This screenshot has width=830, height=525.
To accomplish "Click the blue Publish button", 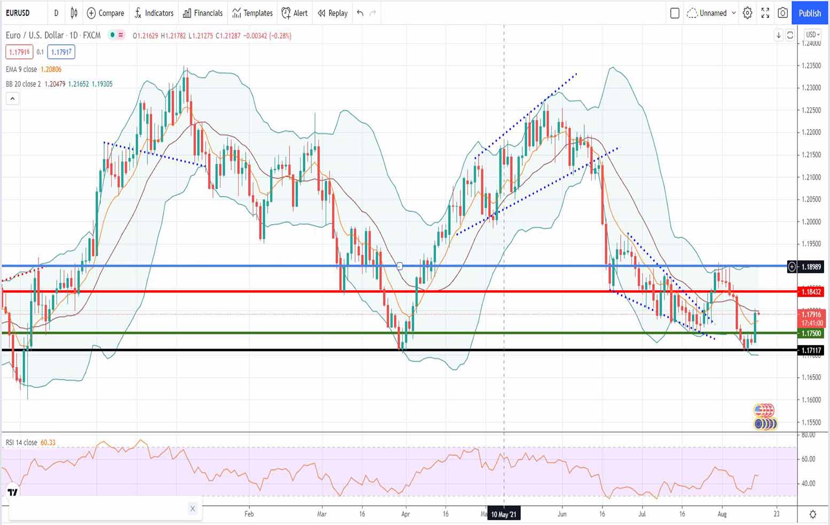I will pyautogui.click(x=810, y=13).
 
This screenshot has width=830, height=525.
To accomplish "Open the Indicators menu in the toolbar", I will pyautogui.click(x=154, y=13).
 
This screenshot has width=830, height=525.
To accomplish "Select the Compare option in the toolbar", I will pyautogui.click(x=105, y=13).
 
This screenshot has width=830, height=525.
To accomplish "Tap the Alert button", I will pyautogui.click(x=294, y=13).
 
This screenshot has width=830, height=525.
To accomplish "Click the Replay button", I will pyautogui.click(x=332, y=13).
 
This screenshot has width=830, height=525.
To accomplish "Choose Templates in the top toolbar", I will pyautogui.click(x=252, y=13).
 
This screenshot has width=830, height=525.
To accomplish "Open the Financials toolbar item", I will pyautogui.click(x=202, y=13).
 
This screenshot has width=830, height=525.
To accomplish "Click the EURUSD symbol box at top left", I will pyautogui.click(x=18, y=13).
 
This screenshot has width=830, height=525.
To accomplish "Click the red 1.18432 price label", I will pyautogui.click(x=811, y=292).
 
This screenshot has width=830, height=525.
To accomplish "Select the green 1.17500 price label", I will pyautogui.click(x=811, y=333).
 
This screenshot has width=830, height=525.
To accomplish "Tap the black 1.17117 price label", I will pyautogui.click(x=811, y=351).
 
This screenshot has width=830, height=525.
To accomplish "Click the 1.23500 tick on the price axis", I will pyautogui.click(x=811, y=66).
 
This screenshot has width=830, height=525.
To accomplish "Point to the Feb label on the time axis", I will pyautogui.click(x=249, y=514).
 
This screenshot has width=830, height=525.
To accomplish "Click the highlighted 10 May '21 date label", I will pyautogui.click(x=504, y=514).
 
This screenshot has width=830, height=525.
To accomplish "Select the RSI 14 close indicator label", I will pyautogui.click(x=21, y=442).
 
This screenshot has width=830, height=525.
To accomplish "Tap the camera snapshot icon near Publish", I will pyautogui.click(x=782, y=13).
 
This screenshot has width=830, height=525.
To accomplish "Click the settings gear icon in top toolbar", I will pyautogui.click(x=748, y=13).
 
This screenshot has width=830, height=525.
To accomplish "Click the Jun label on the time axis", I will pyautogui.click(x=561, y=514).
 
